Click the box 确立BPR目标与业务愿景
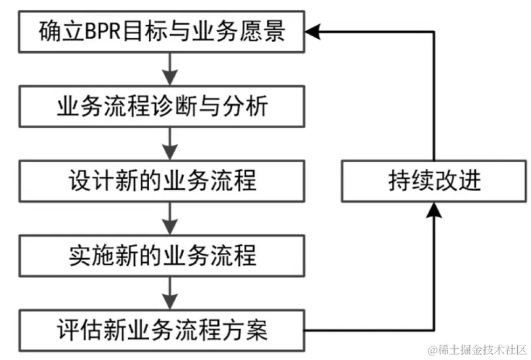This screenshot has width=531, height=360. tap(162, 32)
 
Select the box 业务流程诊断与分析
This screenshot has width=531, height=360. tap(162, 106)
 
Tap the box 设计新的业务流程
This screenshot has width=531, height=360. tap(162, 180)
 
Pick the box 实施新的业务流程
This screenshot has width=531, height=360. tap(162, 255)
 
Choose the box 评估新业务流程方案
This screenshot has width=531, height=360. tap(162, 329)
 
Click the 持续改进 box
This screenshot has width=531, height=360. tap(434, 181)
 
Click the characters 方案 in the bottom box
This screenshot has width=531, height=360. tap(250, 329)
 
